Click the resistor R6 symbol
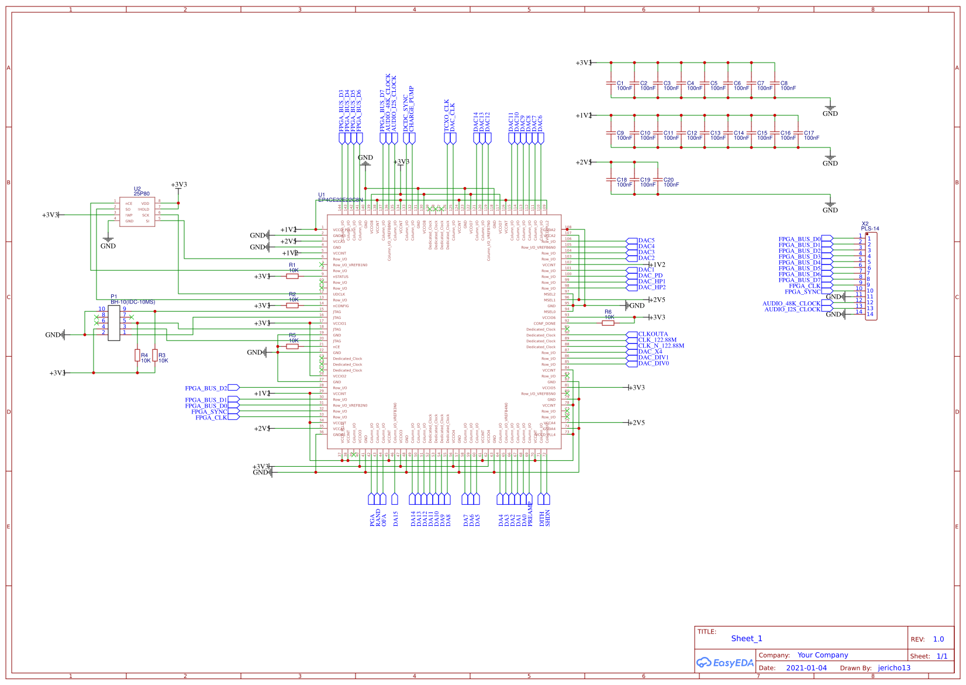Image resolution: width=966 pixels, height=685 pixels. coord(608,323)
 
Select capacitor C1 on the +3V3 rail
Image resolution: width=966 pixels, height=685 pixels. coord(611,84)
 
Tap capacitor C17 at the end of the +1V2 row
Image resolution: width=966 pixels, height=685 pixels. coord(798,133)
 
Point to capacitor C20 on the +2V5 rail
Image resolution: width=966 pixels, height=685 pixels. coord(658,180)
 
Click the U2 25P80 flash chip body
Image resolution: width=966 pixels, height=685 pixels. coord(137,212)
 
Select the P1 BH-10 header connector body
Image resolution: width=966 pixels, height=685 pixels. coord(114,322)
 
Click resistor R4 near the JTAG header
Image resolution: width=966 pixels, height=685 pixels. coord(137,355)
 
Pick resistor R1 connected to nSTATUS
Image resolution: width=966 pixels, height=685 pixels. coord(292,276)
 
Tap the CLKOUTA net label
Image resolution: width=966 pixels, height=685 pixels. coord(653,334)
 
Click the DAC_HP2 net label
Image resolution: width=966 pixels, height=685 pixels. coord(651,287)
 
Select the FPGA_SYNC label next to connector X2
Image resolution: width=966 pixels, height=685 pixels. coord(802,291)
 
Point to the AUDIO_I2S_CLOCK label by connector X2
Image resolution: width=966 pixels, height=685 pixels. coord(792,309)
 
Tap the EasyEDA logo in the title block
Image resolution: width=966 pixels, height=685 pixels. coord(725,663)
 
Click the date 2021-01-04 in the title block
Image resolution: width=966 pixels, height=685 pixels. coord(806,668)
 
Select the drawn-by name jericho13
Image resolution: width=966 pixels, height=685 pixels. coord(894,668)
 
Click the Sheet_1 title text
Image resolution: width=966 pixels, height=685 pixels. coord(747,638)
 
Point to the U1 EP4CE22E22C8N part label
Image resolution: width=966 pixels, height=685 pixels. coord(340,199)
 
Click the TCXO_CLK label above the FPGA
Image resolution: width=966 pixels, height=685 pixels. coord(447,115)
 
